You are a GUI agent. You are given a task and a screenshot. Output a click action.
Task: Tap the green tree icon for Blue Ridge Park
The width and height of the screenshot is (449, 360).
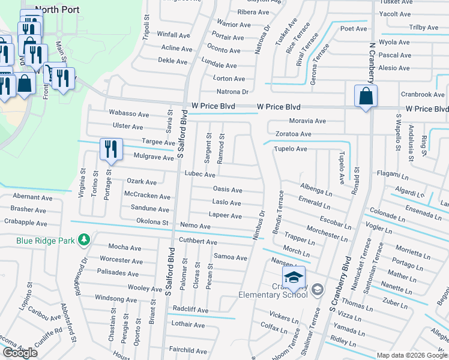point(84,240)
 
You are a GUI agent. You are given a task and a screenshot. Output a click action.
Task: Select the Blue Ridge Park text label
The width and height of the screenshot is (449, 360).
point(46,241)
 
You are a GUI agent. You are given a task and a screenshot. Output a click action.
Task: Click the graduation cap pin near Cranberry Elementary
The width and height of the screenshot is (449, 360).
point(293,278)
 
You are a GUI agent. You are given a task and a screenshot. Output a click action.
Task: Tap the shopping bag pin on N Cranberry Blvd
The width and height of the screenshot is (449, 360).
point(366,96)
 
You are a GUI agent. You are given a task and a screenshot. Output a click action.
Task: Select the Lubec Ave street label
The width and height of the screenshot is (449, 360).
point(200,175)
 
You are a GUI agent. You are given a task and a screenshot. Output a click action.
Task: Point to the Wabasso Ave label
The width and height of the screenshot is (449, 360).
point(128,113)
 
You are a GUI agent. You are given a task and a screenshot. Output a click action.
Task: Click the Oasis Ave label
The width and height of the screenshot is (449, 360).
point(228,190)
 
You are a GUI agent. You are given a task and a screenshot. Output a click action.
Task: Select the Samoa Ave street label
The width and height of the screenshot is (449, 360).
point(231,257)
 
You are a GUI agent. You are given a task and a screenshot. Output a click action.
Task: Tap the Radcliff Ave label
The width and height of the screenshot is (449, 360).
point(190,310)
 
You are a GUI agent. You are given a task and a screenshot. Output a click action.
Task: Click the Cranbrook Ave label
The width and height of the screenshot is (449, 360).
point(423,95)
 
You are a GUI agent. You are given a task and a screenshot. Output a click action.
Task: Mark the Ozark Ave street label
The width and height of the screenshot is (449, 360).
point(142,182)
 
